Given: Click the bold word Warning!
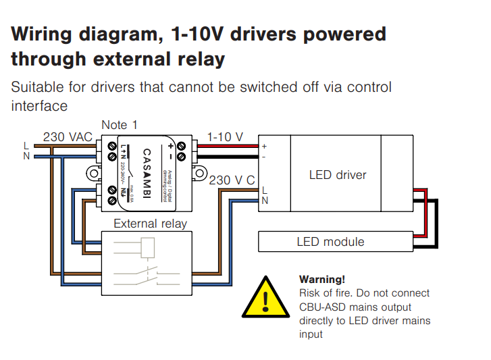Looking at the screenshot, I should click(x=322, y=279).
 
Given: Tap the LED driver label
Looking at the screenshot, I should click(x=338, y=175).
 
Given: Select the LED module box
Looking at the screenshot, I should click(x=336, y=241).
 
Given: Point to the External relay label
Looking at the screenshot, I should click(x=150, y=224).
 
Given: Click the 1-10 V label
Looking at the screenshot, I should click(x=225, y=137).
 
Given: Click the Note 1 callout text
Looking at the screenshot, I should click(x=119, y=125).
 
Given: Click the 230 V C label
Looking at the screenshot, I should click(x=232, y=180).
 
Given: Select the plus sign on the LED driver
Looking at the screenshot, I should click(x=264, y=146).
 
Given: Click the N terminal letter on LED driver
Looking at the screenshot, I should click(x=264, y=200).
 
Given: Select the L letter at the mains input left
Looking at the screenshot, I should click(x=26, y=145).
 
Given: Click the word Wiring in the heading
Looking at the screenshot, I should click(x=45, y=34).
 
